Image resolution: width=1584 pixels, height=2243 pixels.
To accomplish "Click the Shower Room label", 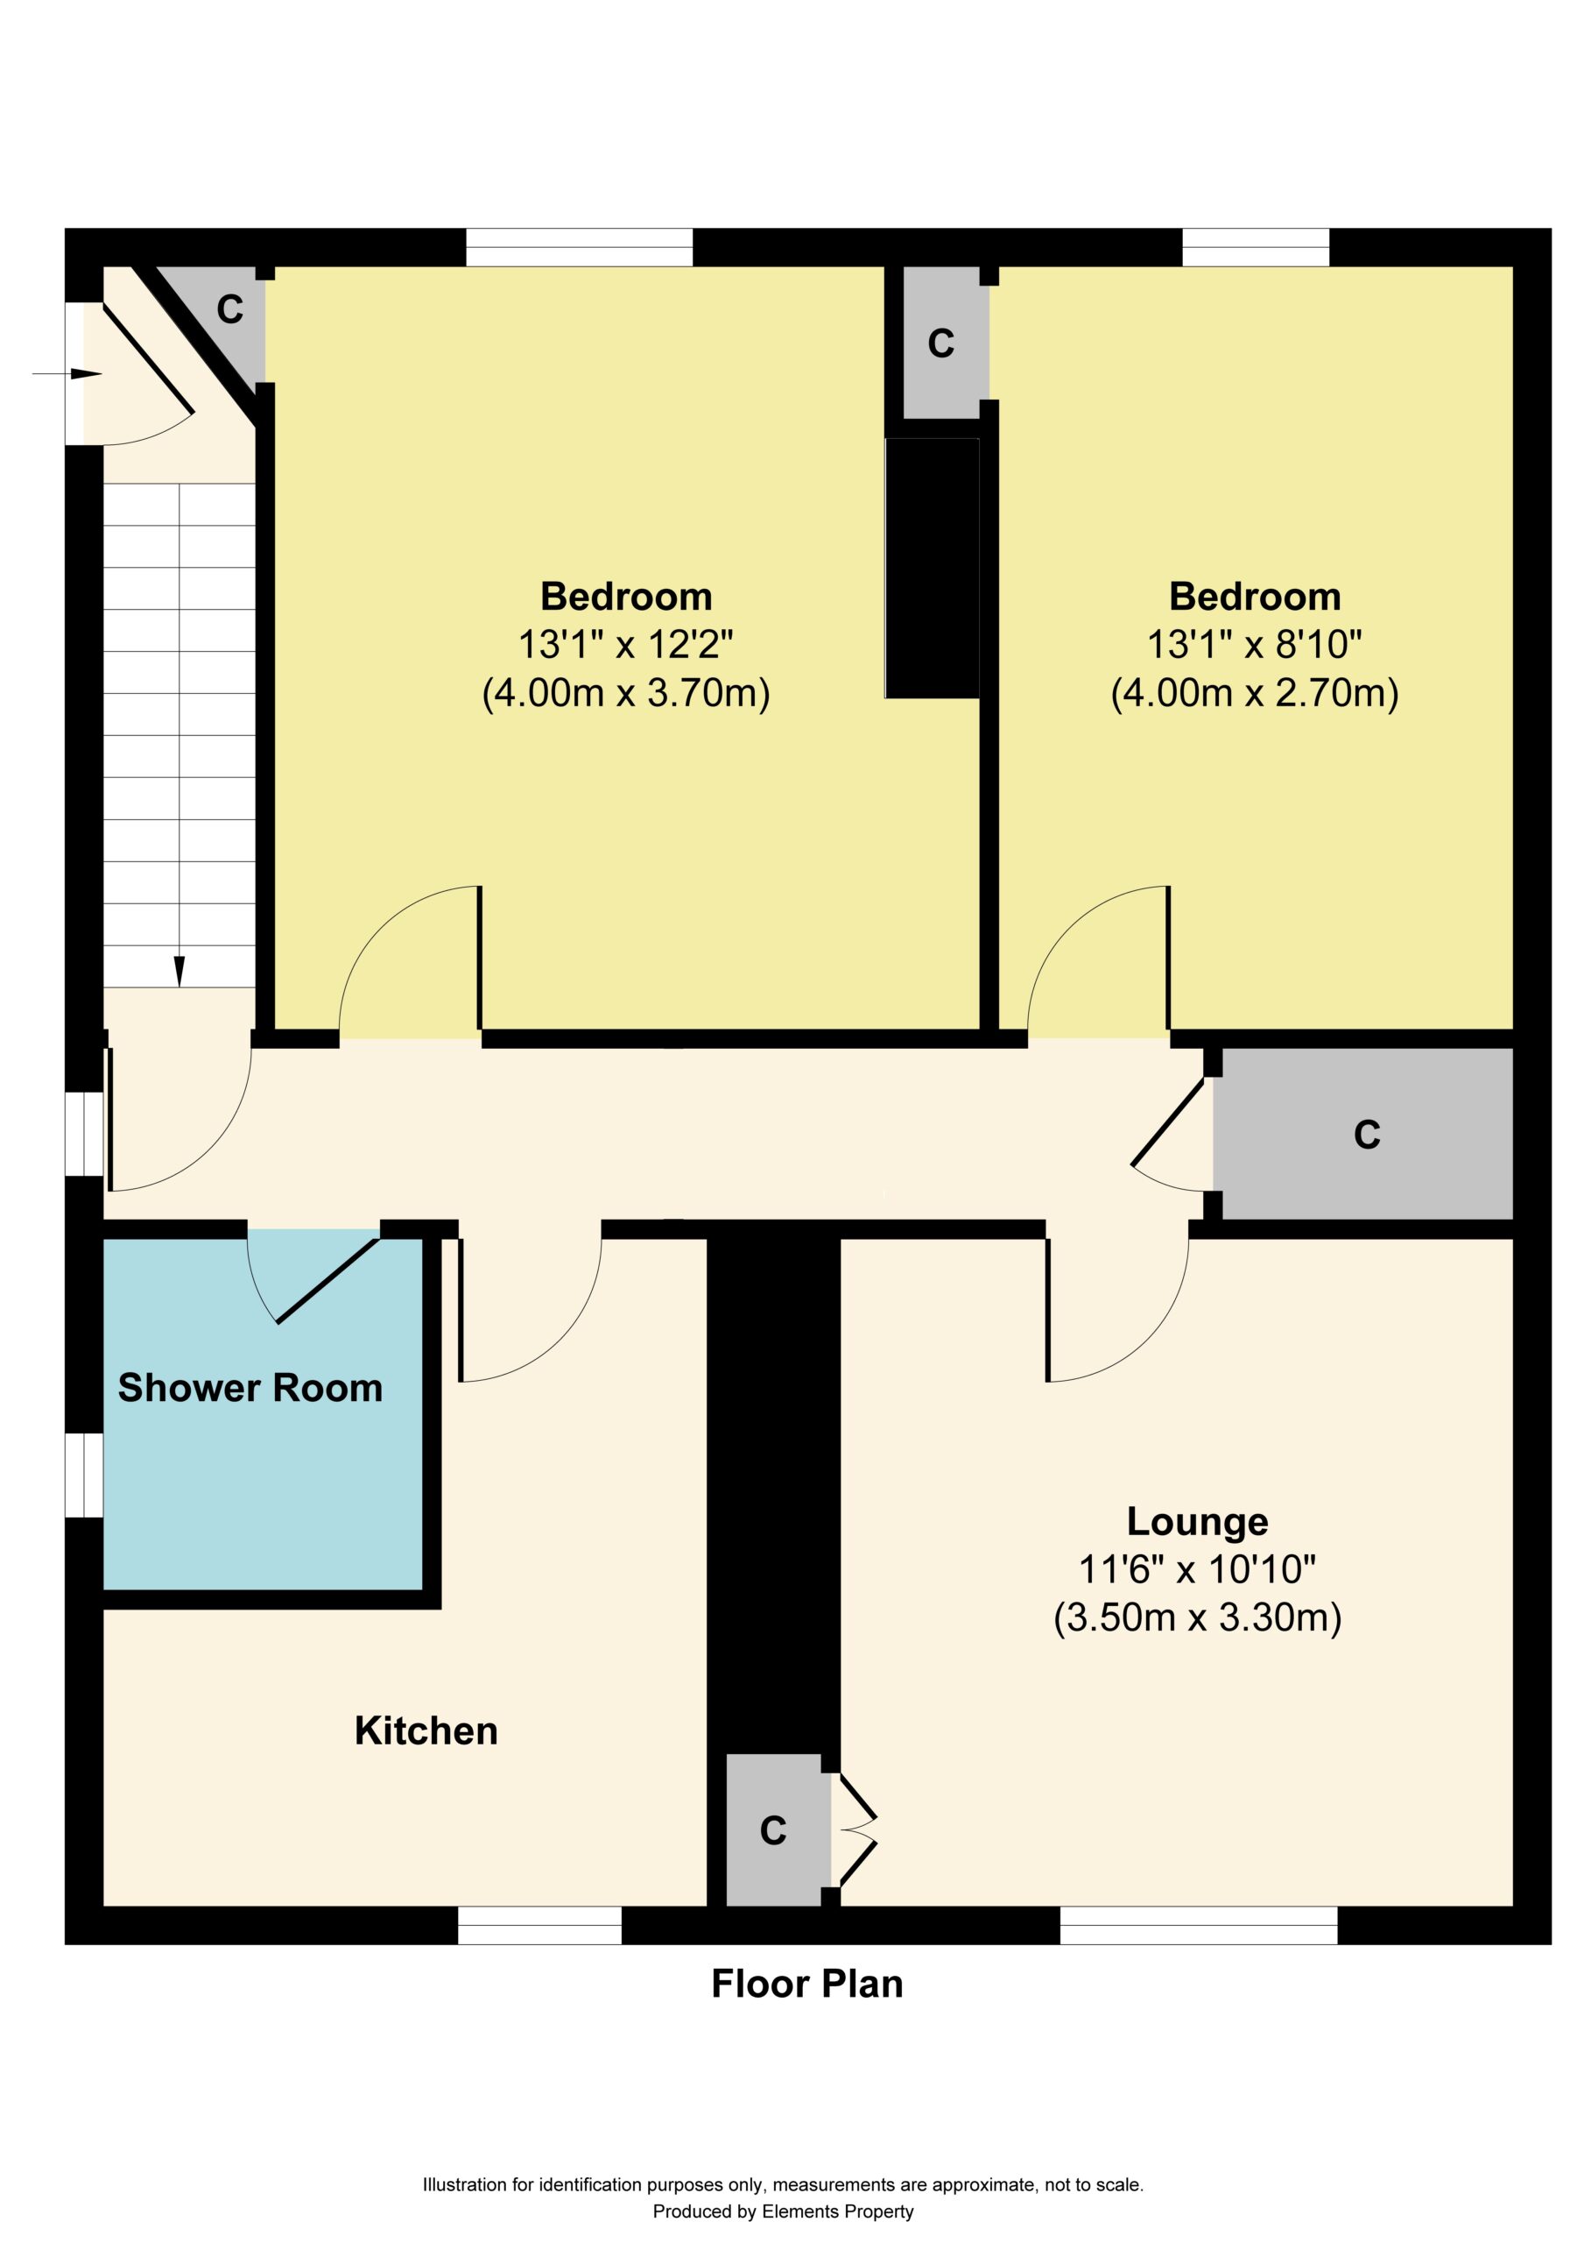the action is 250,1388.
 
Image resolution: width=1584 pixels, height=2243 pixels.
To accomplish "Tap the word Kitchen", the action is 426,1731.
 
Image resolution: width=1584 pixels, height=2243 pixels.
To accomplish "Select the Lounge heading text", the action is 1197,1521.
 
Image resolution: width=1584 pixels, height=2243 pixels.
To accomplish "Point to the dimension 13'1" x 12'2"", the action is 626,645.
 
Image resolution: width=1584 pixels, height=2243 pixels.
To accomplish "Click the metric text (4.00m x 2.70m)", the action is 1255,693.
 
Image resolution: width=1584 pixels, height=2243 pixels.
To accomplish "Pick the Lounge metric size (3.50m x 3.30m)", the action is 1197,1617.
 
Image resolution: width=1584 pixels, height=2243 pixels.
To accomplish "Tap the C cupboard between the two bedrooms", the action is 941,343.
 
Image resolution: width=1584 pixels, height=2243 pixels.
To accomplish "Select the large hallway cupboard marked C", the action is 1363,1134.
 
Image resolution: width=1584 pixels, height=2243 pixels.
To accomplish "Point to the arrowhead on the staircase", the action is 180,971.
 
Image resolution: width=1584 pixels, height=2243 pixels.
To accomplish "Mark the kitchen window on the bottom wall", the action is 540,1926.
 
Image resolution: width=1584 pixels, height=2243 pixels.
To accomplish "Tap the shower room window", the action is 84,1475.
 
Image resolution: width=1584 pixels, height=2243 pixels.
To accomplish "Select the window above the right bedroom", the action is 1256,247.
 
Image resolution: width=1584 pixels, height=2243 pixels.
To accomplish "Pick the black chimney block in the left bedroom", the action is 933,568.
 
